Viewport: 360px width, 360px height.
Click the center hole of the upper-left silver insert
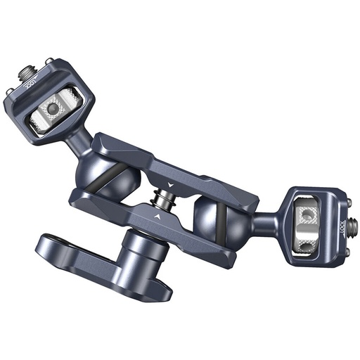(52, 109)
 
